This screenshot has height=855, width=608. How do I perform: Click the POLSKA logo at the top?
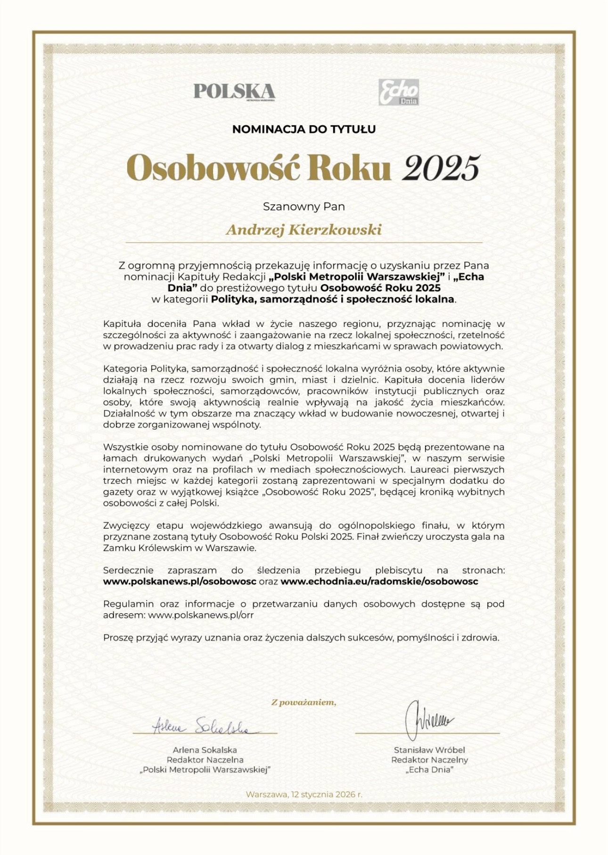click(x=234, y=91)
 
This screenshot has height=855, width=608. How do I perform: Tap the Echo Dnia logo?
click(x=399, y=92)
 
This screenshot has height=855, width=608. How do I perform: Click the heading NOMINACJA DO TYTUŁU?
click(x=304, y=129)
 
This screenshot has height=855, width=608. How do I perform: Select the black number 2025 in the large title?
click(x=441, y=168)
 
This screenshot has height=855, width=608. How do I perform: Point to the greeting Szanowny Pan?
click(x=304, y=206)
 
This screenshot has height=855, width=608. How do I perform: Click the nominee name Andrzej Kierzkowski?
click(x=304, y=230)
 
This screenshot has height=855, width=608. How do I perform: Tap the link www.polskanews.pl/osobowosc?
click(x=180, y=581)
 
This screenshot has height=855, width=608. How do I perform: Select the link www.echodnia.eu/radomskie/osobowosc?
click(x=379, y=581)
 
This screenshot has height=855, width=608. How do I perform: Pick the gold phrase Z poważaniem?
click(x=304, y=702)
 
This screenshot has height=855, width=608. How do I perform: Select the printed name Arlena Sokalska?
click(x=205, y=749)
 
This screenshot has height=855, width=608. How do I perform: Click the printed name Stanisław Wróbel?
click(x=429, y=749)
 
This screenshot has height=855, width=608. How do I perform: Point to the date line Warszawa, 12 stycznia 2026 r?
click(x=304, y=794)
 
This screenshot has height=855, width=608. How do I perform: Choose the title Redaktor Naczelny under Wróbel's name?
click(x=429, y=759)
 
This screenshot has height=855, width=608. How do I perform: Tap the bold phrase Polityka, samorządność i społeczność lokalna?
click(x=333, y=299)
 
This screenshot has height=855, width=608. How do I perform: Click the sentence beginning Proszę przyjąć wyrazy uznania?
click(x=301, y=638)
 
